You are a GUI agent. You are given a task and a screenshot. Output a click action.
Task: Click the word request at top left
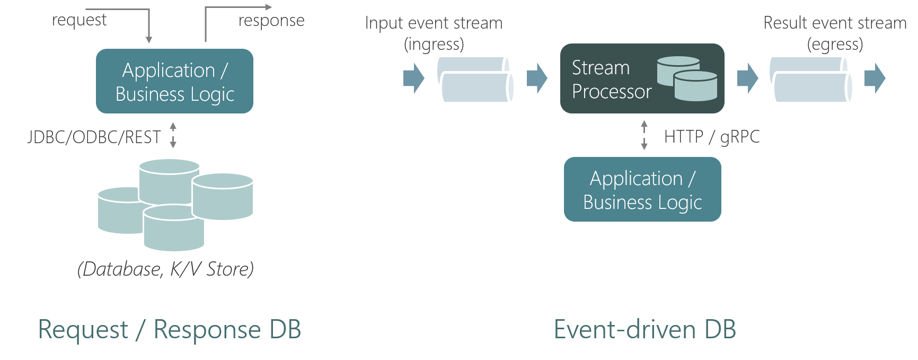(79, 20)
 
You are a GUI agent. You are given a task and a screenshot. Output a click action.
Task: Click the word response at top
(271, 21)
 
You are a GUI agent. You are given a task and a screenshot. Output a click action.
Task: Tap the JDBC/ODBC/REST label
(94, 137)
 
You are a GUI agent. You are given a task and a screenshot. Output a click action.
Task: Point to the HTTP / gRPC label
(711, 137)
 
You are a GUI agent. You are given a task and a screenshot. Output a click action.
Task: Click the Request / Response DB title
(170, 329)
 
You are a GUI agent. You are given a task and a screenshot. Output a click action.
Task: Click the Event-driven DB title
(645, 329)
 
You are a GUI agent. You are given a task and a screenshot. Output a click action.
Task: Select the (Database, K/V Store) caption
(165, 269)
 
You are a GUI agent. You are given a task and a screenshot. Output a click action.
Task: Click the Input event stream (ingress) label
(434, 33)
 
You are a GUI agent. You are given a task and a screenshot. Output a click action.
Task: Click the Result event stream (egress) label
(835, 33)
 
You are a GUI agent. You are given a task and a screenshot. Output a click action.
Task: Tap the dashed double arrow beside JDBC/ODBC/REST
(173, 135)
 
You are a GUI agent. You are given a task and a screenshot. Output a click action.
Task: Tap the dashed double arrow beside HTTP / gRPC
(644, 135)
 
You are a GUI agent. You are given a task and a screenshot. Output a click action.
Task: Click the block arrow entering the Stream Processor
(537, 78)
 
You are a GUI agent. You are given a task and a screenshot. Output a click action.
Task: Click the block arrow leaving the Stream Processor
(747, 78)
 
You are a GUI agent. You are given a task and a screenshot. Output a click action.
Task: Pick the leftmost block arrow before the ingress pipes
(413, 78)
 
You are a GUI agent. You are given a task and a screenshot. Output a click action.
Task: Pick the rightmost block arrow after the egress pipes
(875, 78)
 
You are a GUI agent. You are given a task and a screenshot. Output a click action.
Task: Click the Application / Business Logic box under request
(174, 81)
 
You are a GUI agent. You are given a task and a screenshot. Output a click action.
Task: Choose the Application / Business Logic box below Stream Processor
(642, 189)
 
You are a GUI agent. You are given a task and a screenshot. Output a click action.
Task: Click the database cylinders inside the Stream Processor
(687, 78)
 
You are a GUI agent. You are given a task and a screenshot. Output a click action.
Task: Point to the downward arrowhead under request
(149, 39)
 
